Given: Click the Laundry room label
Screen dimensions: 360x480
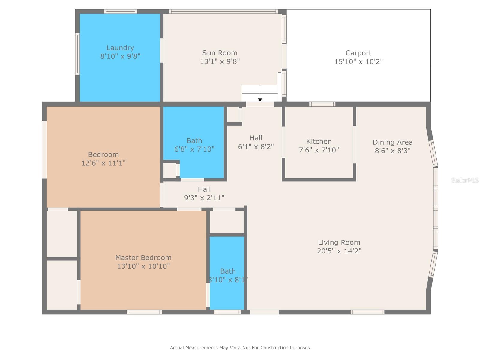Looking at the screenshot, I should [120, 48].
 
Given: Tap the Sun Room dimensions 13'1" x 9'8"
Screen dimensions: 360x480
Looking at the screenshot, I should [220, 61].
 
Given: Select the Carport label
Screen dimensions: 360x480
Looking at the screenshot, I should [358, 53].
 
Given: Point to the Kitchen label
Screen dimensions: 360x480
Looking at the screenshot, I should [319, 142].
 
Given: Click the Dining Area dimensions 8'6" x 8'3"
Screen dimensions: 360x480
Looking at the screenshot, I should [392, 151].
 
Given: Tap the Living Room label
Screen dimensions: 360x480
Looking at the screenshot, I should [339, 242].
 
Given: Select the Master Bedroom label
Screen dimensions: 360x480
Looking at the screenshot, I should [143, 258].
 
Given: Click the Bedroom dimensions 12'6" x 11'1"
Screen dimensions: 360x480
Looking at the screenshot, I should [103, 163].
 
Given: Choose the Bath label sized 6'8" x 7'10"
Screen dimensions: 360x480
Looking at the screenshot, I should [194, 141].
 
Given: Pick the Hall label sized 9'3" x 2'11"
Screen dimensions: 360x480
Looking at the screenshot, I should [204, 189].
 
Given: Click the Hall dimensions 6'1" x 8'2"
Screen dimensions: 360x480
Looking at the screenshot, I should [256, 146].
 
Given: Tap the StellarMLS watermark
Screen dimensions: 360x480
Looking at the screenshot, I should [465, 180].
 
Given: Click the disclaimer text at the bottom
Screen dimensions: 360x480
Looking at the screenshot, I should [240, 348].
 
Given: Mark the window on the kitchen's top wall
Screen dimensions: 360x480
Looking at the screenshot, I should [322, 104].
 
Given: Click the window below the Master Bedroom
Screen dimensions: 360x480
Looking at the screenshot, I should [144, 312].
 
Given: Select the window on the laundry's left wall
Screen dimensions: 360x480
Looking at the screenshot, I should [77, 54].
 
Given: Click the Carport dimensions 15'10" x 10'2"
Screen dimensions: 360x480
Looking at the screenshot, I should [358, 61].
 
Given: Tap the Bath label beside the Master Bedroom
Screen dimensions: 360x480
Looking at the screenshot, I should [228, 271].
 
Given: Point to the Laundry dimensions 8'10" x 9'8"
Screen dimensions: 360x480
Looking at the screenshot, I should [120, 56].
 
